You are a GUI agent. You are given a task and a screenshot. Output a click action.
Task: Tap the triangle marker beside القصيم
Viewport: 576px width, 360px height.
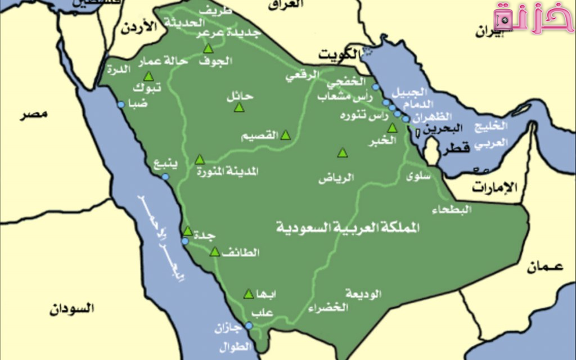(x=285, y=135)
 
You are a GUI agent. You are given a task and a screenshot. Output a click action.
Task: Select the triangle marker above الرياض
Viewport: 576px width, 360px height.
(x=343, y=153)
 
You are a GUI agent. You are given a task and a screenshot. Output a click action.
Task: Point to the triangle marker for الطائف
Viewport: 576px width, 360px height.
(x=214, y=252)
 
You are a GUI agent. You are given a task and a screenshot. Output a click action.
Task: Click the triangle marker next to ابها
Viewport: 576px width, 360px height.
(x=248, y=294)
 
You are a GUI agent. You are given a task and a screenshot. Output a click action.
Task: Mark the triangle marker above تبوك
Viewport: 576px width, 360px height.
(x=148, y=76)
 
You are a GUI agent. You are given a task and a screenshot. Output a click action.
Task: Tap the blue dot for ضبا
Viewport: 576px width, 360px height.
(x=120, y=105)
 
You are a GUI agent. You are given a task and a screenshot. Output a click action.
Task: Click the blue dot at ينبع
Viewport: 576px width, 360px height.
(x=165, y=177)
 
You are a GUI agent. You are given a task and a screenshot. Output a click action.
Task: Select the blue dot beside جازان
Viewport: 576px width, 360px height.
(x=249, y=325)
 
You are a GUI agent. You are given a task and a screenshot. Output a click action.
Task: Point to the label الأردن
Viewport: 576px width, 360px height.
(x=138, y=28)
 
